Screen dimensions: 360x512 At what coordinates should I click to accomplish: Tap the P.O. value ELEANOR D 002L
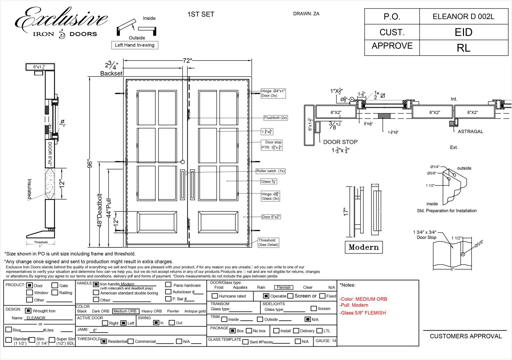[x=463, y=17]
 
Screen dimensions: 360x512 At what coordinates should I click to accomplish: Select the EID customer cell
[x=463, y=32]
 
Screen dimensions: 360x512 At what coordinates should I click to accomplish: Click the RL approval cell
[x=463, y=48]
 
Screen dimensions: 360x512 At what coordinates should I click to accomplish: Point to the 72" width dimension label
[x=187, y=61]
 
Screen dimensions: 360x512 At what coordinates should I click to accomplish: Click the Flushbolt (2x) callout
[x=275, y=118]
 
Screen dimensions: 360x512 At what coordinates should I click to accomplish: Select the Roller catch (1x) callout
[x=270, y=171]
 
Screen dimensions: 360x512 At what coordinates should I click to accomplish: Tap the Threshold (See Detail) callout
[x=268, y=242]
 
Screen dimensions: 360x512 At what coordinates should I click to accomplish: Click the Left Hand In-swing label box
[x=135, y=45]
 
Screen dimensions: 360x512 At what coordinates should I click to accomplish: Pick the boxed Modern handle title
[x=364, y=247]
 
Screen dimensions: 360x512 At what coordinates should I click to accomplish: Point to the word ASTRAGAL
[x=470, y=132]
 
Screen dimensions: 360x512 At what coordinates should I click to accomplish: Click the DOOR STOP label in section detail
[x=340, y=142]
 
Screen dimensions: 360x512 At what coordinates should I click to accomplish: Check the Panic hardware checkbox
[x=169, y=285]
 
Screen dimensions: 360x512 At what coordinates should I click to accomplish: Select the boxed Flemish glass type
[x=284, y=287]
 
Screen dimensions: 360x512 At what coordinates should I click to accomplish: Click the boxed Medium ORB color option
[x=125, y=311]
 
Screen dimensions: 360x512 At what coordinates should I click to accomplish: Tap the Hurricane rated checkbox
[x=215, y=296]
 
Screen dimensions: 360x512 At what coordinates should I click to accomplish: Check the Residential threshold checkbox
[x=104, y=341]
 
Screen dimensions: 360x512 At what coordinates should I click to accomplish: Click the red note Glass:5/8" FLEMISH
[x=363, y=313]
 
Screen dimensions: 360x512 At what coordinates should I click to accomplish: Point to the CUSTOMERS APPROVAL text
[x=466, y=336]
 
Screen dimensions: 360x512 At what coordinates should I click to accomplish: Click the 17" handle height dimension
[x=346, y=212]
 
